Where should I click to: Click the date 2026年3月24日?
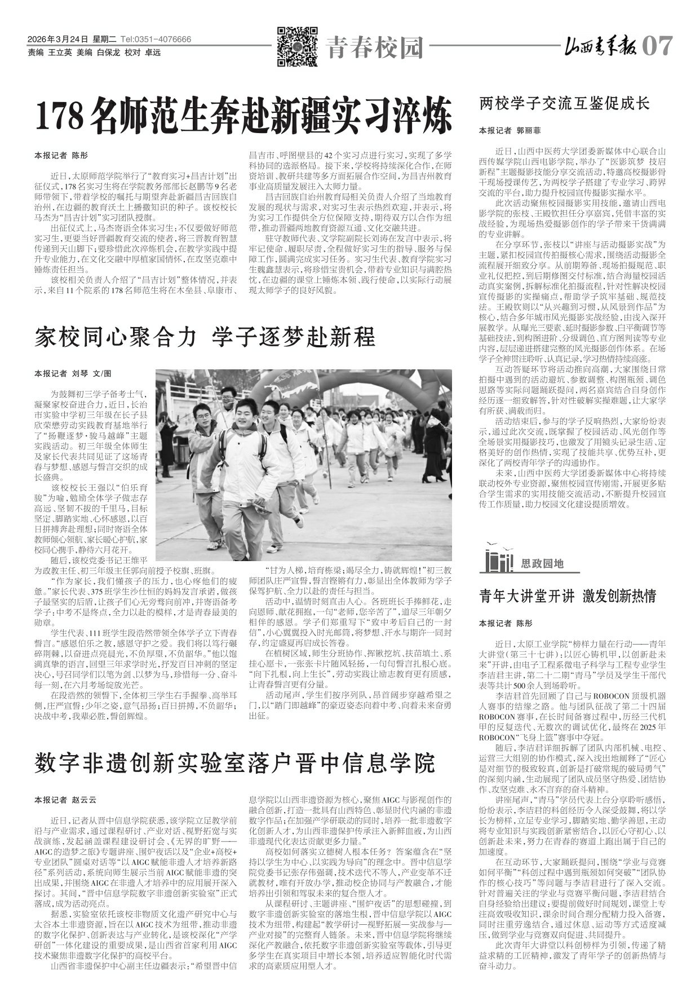click(58, 39)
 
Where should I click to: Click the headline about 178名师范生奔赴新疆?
click(244, 114)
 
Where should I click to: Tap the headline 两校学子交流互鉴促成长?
click(564, 103)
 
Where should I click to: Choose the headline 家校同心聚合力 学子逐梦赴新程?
click(205, 337)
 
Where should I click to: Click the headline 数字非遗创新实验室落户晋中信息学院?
click(234, 764)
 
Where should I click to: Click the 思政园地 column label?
click(542, 563)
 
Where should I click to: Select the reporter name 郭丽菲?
click(528, 130)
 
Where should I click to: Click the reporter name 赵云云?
click(85, 800)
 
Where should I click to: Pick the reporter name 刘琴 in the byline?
click(81, 373)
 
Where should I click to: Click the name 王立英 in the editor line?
click(60, 52)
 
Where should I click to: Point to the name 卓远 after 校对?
click(153, 52)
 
